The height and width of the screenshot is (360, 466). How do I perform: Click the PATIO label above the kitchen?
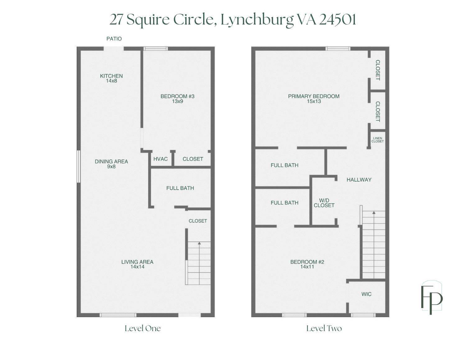point(114,39)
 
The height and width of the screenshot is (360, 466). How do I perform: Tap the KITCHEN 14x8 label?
point(112,78)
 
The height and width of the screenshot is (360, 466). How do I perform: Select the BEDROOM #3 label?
point(177,99)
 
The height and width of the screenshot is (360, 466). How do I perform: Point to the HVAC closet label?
point(160,159)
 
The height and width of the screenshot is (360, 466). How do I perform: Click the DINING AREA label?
point(111,164)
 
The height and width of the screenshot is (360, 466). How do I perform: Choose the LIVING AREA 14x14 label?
point(137,264)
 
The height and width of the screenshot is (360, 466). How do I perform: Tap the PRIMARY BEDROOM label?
point(314,99)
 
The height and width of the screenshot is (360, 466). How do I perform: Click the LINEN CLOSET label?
point(378,140)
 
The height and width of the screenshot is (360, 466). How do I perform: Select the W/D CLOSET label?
point(324,203)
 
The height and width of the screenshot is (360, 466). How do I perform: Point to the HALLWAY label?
point(359,180)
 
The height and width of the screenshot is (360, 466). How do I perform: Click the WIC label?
point(366,294)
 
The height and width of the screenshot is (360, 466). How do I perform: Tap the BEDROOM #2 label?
point(307,264)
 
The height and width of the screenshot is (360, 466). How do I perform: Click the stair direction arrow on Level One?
point(199,263)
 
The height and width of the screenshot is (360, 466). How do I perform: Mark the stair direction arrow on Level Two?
point(374,245)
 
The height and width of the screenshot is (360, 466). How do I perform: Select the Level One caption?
point(143,329)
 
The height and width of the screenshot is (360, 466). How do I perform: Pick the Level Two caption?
point(324,329)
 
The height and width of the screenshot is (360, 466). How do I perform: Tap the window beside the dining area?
point(79,167)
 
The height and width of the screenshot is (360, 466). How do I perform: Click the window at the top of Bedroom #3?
point(155,49)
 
